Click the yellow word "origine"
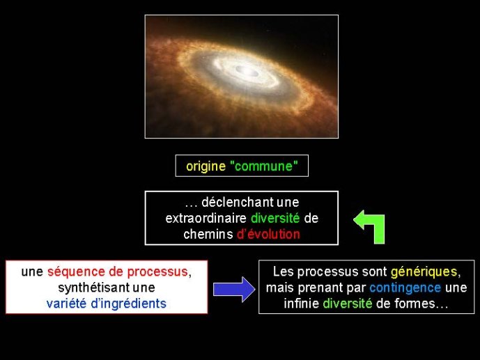(x=206, y=166)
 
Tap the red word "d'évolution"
(x=268, y=234)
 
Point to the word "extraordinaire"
(x=206, y=219)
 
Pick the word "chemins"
(x=208, y=234)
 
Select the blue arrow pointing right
(x=234, y=289)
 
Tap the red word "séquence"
(x=76, y=272)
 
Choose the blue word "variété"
(x=66, y=304)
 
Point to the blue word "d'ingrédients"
(x=129, y=304)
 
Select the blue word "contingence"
(x=405, y=288)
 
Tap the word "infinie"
(x=301, y=304)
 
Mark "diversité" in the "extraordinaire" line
(x=275, y=219)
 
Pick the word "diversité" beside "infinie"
(x=348, y=304)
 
